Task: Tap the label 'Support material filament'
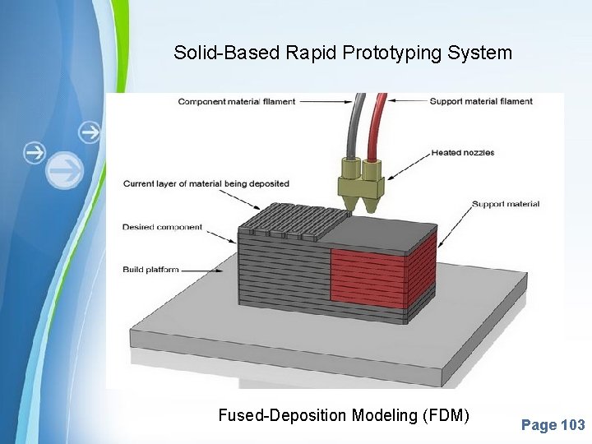[481, 101]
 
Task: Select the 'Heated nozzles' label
[462, 152]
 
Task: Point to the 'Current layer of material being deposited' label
[206, 184]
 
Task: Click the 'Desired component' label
[162, 227]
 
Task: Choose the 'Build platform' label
[150, 269]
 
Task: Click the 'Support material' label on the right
[506, 204]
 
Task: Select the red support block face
[368, 275]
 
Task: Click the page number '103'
[572, 425]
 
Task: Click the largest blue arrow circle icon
[65, 171]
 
